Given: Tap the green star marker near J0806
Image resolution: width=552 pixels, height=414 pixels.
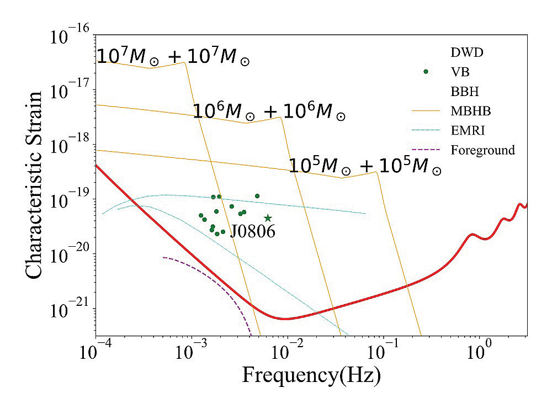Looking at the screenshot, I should (268, 218).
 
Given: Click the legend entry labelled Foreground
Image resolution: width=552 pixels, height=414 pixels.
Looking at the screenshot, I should (482, 149).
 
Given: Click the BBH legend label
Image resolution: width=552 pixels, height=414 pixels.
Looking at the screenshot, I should (466, 92).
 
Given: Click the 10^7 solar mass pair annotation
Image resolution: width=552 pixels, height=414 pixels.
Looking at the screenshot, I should (173, 57).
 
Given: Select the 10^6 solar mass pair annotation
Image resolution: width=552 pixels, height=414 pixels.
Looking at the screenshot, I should (269, 112).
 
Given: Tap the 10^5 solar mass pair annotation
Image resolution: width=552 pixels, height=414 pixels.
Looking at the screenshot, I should (365, 167).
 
